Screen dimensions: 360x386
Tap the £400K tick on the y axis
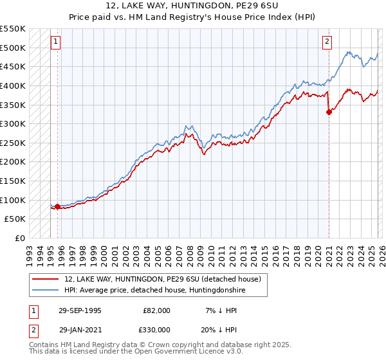pyautogui.click(x=13, y=85)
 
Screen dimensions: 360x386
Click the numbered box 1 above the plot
pyautogui.click(x=56, y=42)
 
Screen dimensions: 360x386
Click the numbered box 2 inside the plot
pyautogui.click(x=327, y=42)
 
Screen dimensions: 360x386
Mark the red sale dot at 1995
pyautogui.click(x=58, y=206)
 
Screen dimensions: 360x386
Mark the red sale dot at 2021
pyautogui.click(x=329, y=112)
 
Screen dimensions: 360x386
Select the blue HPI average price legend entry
pyautogui.click(x=154, y=291)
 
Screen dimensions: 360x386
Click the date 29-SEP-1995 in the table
pyautogui.click(x=80, y=310)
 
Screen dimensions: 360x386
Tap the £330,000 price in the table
pyautogui.click(x=156, y=329)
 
